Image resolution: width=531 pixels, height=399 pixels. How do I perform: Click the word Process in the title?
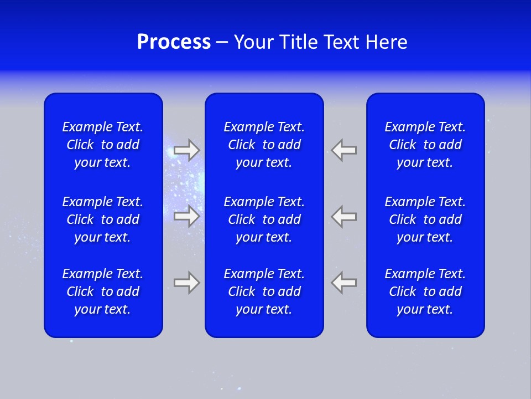[174, 42]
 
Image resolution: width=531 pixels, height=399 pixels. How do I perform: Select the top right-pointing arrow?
[187, 150]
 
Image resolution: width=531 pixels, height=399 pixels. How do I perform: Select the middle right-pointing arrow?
[187, 216]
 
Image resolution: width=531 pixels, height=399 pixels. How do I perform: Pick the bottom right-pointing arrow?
[187, 283]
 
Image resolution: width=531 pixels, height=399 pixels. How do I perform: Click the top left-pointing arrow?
[343, 150]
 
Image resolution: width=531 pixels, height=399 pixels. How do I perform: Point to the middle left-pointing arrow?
[343, 216]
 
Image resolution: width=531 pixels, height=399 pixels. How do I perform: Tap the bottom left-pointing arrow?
[343, 283]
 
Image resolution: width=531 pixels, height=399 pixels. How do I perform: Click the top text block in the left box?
[103, 145]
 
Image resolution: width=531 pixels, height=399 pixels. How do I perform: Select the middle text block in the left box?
[103, 219]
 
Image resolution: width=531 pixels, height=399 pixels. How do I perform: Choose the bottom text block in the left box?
[103, 291]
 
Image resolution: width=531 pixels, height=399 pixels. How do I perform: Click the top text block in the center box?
[264, 145]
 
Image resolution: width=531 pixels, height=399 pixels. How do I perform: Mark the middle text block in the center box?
[264, 219]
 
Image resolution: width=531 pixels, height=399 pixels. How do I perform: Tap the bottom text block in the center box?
[264, 291]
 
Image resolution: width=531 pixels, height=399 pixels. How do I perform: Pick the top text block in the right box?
[425, 145]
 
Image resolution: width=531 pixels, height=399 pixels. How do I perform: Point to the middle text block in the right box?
[425, 219]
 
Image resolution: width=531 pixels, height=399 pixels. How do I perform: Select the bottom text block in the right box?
[425, 291]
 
